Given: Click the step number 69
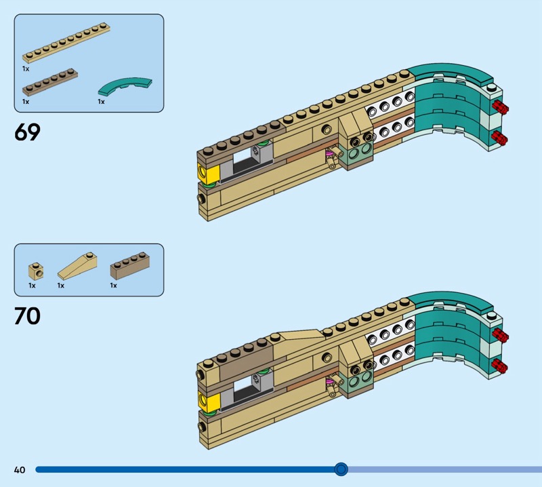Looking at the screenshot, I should pyautogui.click(x=27, y=132).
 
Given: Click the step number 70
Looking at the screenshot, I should pyautogui.click(x=27, y=316).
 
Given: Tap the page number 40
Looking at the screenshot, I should pyautogui.click(x=19, y=469).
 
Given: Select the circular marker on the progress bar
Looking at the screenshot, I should pyautogui.click(x=341, y=469).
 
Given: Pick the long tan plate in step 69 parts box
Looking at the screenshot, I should pyautogui.click(x=66, y=45).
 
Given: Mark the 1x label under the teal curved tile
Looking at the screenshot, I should pyautogui.click(x=101, y=102).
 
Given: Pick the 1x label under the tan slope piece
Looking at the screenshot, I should pyautogui.click(x=60, y=286).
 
